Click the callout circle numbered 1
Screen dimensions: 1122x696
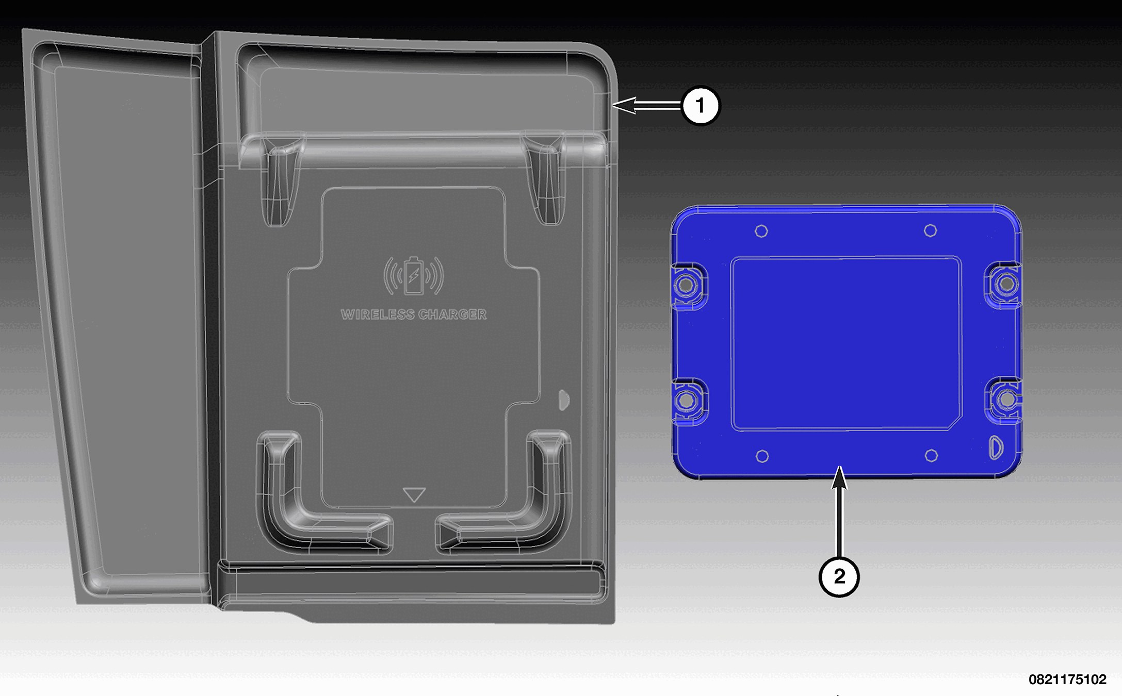click(x=700, y=106)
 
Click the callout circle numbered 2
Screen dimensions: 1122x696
click(x=839, y=576)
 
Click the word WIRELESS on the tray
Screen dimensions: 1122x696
click(x=378, y=314)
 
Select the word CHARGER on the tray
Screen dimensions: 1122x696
click(x=452, y=314)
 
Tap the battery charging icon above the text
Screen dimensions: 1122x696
click(x=413, y=275)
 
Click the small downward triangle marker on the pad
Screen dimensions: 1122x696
click(x=414, y=494)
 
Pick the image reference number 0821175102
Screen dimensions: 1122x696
click(x=1067, y=680)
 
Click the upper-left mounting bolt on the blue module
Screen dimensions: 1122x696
click(x=686, y=285)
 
